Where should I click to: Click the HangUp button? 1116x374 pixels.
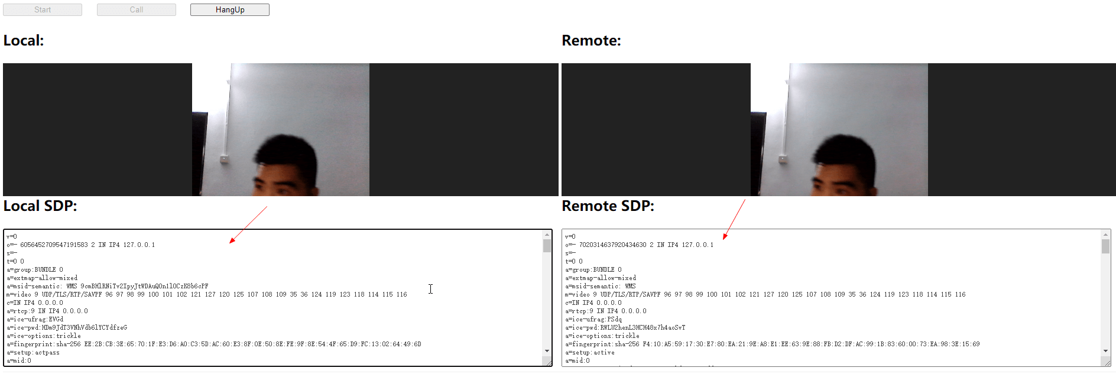pos(229,10)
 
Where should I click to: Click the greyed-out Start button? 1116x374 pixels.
pos(43,10)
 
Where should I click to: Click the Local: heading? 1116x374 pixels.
pos(24,41)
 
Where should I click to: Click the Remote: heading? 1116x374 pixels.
pos(591,41)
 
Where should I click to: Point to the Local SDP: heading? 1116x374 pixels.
pos(40,206)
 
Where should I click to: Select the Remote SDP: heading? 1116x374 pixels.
pos(608,206)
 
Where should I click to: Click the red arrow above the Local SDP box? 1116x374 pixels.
pos(248,225)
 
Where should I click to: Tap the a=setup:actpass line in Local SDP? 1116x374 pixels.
pos(34,353)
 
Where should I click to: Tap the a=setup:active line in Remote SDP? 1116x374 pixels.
pos(590,353)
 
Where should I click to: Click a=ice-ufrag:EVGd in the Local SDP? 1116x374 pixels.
pos(35,320)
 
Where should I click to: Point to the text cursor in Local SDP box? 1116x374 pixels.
pos(431,289)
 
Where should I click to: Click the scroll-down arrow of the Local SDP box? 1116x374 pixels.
pos(547,351)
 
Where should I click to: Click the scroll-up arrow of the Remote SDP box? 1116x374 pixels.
pos(1105,235)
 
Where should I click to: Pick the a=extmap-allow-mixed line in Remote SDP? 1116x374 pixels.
pos(601,278)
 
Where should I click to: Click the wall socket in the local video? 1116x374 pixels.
pos(224,159)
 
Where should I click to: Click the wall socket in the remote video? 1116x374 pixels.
pos(783,159)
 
